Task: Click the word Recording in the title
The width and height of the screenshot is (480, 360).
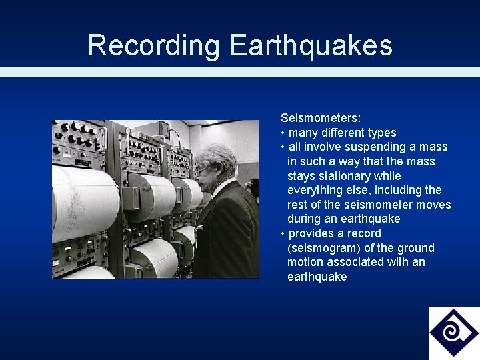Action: tap(153, 45)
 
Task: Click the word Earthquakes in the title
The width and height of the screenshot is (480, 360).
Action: tap(311, 45)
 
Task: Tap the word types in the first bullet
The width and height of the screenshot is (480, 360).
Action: tap(381, 133)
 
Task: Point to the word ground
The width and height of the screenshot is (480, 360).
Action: tap(416, 248)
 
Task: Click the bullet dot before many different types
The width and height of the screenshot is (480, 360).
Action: tap(283, 133)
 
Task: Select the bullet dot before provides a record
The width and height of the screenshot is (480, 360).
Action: tap(283, 234)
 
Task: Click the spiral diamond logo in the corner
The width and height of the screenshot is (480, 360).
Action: tap(454, 332)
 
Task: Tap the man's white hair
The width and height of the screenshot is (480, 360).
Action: tap(217, 156)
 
